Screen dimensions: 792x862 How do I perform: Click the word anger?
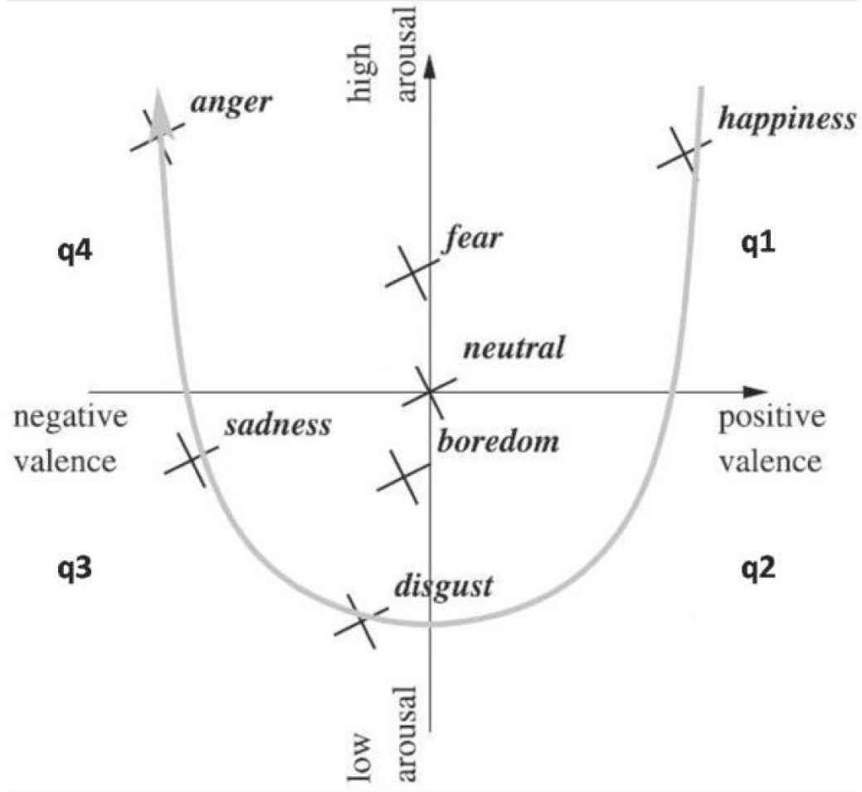pos(231,104)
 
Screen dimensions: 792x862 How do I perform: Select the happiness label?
pos(787,119)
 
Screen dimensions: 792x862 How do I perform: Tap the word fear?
pos(473,239)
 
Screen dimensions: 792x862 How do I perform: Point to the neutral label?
pos(514,347)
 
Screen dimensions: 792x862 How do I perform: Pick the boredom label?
pos(498,440)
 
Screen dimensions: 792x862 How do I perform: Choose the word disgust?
pos(444,586)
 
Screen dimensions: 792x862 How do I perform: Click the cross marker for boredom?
pos(404,474)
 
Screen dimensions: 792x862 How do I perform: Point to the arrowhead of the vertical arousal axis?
pos(429,66)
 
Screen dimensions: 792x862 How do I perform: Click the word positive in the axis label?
pos(772,419)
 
